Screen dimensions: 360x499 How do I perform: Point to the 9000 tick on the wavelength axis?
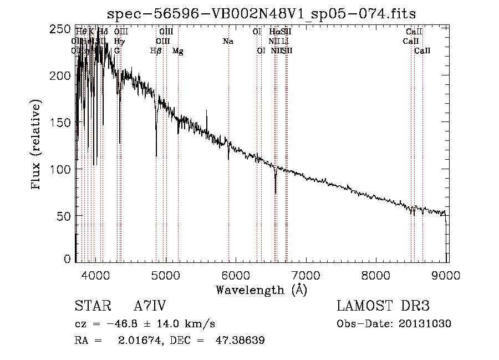click(x=448, y=273)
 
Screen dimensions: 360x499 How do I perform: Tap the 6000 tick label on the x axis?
click(x=237, y=273)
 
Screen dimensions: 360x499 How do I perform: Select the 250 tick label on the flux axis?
click(x=64, y=29)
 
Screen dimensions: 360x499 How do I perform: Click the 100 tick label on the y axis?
click(x=64, y=169)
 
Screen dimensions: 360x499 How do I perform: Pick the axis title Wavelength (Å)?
click(x=261, y=289)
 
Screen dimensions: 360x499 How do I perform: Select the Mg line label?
click(x=178, y=51)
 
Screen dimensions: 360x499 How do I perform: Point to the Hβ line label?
click(x=156, y=51)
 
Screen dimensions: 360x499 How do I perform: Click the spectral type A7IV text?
click(x=150, y=307)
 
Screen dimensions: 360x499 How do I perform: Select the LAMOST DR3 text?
click(x=383, y=307)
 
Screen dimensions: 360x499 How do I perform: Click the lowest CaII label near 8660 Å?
click(x=422, y=51)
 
